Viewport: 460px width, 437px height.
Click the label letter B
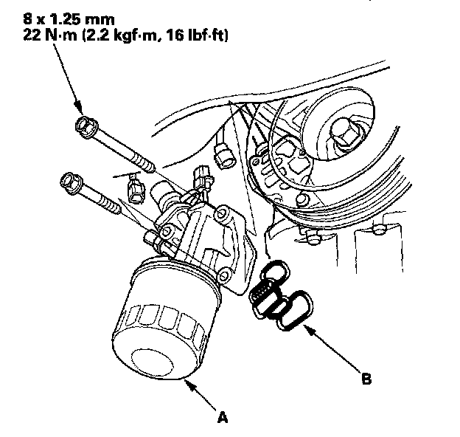(366, 382)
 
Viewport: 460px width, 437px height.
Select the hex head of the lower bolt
(70, 179)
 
